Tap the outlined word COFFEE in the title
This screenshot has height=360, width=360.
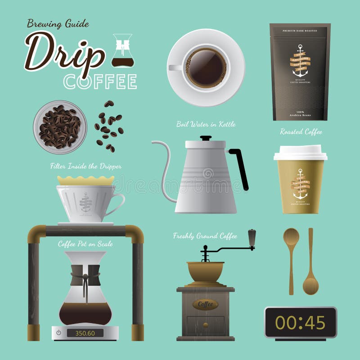(100, 82)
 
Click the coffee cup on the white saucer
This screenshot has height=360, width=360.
(206, 67)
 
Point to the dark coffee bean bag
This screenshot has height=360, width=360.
(300, 72)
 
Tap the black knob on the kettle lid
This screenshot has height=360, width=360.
(205, 138)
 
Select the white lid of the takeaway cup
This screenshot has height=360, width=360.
(300, 153)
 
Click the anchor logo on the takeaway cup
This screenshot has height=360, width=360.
(300, 184)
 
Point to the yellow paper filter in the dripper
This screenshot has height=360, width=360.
(85, 180)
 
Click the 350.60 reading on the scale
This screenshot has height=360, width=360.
(85, 333)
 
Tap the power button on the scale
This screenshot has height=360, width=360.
(58, 333)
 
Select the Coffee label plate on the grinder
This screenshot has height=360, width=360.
(205, 305)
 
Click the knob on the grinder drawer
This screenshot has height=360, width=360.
(205, 324)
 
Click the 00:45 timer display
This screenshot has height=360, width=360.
(300, 322)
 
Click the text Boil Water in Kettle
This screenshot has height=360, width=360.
(206, 124)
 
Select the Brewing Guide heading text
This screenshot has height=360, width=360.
(58, 23)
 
